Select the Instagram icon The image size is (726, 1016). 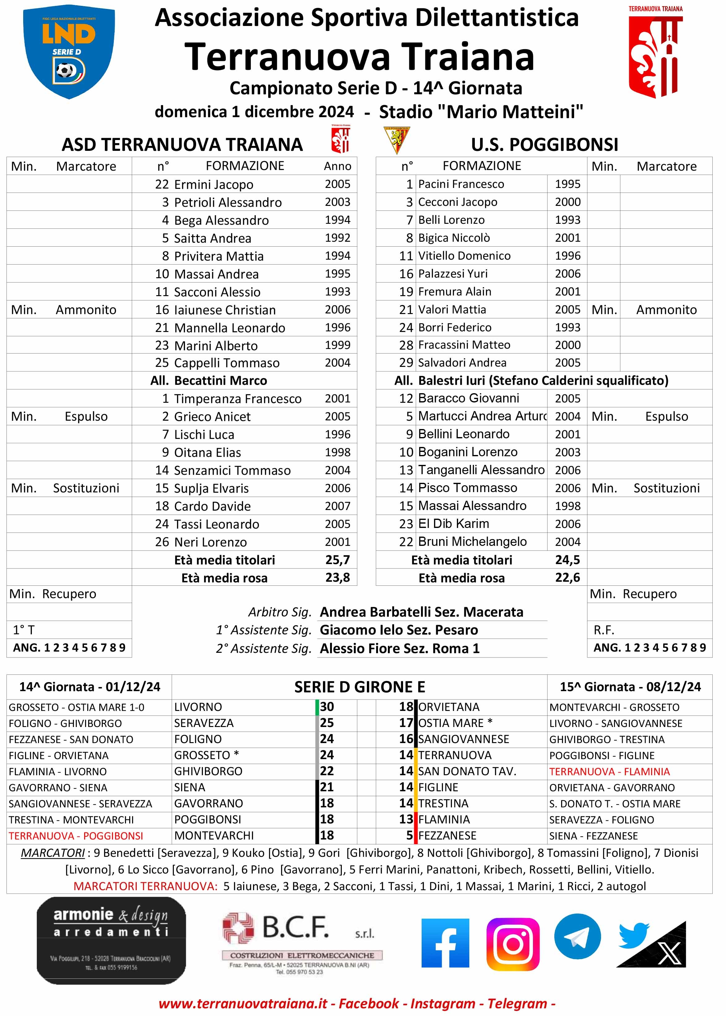click(513, 944)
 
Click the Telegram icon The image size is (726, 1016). click(577, 937)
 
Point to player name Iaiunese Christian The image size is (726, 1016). click(225, 310)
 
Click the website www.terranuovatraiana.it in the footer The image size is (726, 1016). click(243, 1004)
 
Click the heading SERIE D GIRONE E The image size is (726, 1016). click(359, 687)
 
